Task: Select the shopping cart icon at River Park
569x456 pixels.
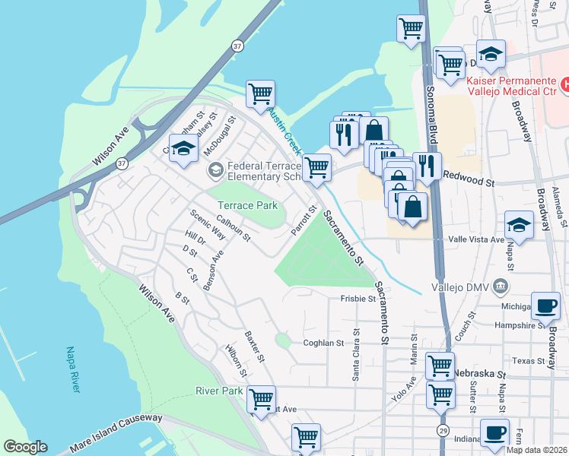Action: [x=261, y=398]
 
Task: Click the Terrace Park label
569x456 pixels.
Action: [x=246, y=205]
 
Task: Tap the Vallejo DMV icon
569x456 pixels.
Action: [x=501, y=286]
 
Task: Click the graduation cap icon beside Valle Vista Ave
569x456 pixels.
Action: [x=519, y=224]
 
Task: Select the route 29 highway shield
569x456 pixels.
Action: [x=443, y=430]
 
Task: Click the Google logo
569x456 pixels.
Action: [x=25, y=447]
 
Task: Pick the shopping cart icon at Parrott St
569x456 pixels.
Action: [x=316, y=167]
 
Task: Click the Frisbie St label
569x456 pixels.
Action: [x=358, y=299]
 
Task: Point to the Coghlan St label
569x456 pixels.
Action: [x=323, y=344]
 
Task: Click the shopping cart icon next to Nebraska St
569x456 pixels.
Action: [x=440, y=366]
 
